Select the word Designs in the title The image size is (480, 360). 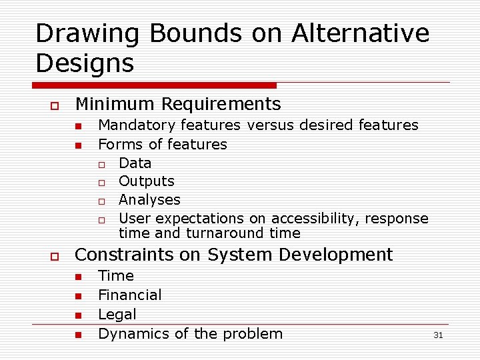point(85,64)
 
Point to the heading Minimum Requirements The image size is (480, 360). point(178,104)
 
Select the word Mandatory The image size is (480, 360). point(135,125)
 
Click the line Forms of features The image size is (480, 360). point(162,144)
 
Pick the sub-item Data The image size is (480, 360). point(135,163)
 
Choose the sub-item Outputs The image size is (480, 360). point(146,181)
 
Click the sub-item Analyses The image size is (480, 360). point(149,200)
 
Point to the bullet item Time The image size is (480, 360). point(115,276)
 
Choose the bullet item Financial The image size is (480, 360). point(129,295)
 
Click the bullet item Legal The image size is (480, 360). point(117,314)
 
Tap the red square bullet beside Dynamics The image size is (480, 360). point(78,335)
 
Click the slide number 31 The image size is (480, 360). point(438,335)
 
